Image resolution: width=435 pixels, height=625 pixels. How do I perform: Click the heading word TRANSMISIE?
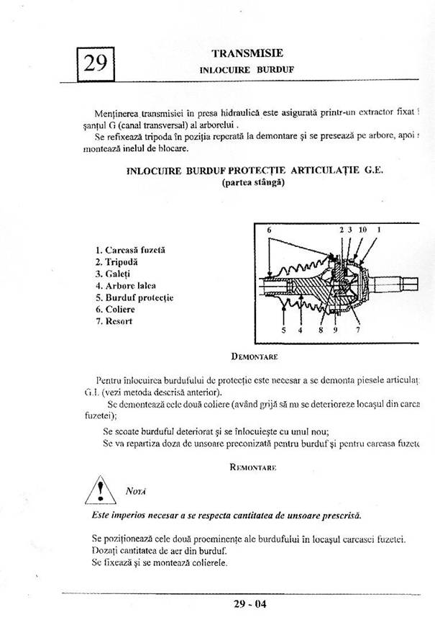247,53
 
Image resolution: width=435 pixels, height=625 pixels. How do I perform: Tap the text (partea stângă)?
254,183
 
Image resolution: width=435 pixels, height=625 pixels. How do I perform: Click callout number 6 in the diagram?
268,230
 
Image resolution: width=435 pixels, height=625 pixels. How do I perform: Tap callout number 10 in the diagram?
362,230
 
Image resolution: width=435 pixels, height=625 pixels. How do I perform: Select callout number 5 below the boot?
283,331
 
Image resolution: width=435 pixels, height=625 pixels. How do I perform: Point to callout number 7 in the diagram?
357,331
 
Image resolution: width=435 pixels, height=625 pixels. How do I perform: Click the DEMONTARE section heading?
255,356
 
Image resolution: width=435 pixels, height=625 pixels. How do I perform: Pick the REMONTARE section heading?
253,467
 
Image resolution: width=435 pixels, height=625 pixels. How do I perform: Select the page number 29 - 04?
249,604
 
